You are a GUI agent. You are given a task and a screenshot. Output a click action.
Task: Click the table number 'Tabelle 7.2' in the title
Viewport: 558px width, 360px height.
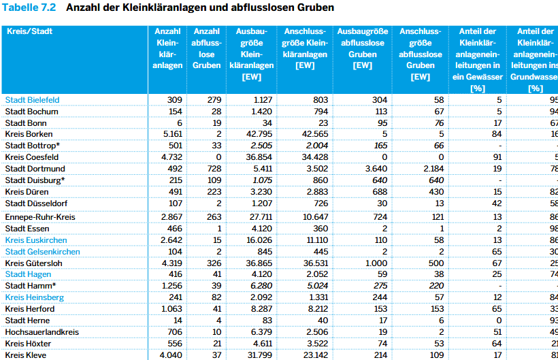29,7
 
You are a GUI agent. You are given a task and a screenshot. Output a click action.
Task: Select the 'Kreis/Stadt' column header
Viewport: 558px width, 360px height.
29,31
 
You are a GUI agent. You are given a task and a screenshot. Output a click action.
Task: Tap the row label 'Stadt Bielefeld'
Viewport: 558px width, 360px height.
32,100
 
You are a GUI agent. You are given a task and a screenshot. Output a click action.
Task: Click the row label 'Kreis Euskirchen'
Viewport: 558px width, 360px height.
35,240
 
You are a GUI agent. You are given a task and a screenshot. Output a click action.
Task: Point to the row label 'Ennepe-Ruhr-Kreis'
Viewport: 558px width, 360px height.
39,217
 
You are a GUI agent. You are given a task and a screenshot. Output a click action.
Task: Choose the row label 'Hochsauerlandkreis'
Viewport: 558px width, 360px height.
42,332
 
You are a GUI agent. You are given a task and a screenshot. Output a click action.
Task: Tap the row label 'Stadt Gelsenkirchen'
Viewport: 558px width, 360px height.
42,252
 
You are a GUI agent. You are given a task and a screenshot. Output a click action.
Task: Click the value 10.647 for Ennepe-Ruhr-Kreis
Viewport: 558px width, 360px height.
314,217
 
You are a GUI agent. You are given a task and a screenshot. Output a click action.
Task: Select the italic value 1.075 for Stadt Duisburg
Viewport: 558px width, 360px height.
261,180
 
